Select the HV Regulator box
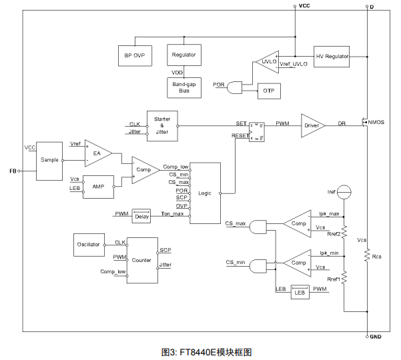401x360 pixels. point(332,57)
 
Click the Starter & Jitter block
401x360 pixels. point(162,125)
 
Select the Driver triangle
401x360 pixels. point(311,124)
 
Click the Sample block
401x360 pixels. point(48,161)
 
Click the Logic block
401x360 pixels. point(205,193)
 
